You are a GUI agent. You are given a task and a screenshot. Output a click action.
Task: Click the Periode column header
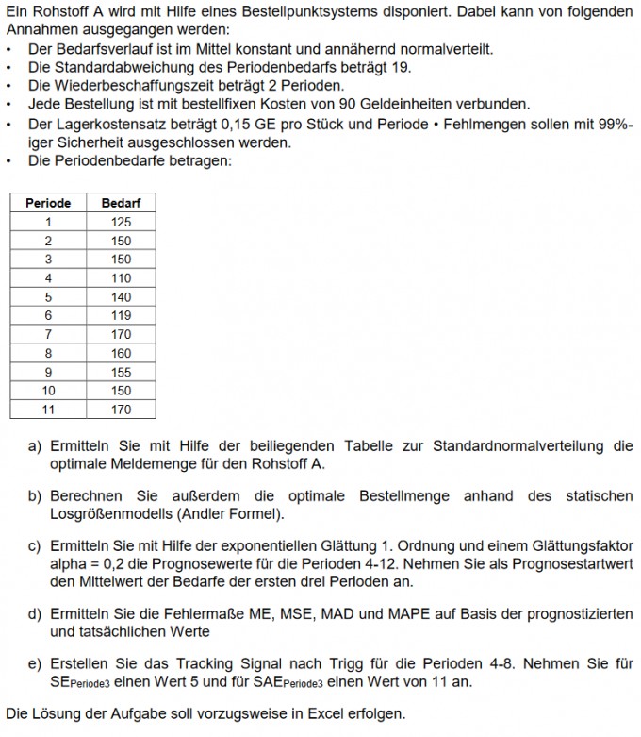[x=48, y=203]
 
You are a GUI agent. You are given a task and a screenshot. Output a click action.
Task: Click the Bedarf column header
[x=121, y=203]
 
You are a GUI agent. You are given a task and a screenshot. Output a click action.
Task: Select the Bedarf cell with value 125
[x=121, y=222]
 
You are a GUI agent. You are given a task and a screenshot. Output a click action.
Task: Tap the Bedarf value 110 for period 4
[x=121, y=278]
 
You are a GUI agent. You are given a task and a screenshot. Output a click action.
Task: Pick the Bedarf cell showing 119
[x=121, y=316]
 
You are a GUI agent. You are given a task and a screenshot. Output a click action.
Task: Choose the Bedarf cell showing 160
[x=121, y=354]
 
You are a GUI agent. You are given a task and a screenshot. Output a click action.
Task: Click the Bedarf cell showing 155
[x=121, y=373]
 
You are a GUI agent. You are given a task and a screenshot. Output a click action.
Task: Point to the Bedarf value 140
[x=121, y=297]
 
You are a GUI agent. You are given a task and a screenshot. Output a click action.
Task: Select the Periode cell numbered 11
[x=48, y=410]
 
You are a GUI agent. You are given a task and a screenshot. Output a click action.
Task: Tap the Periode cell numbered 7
[x=48, y=335]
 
